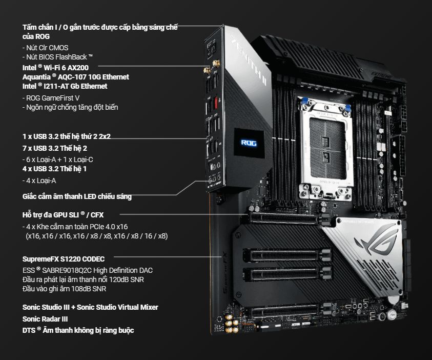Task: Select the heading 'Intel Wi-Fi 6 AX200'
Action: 59,67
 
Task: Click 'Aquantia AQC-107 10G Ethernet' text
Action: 75,77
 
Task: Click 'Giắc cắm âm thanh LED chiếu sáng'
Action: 77,196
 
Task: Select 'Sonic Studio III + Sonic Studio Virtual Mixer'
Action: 90,307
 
